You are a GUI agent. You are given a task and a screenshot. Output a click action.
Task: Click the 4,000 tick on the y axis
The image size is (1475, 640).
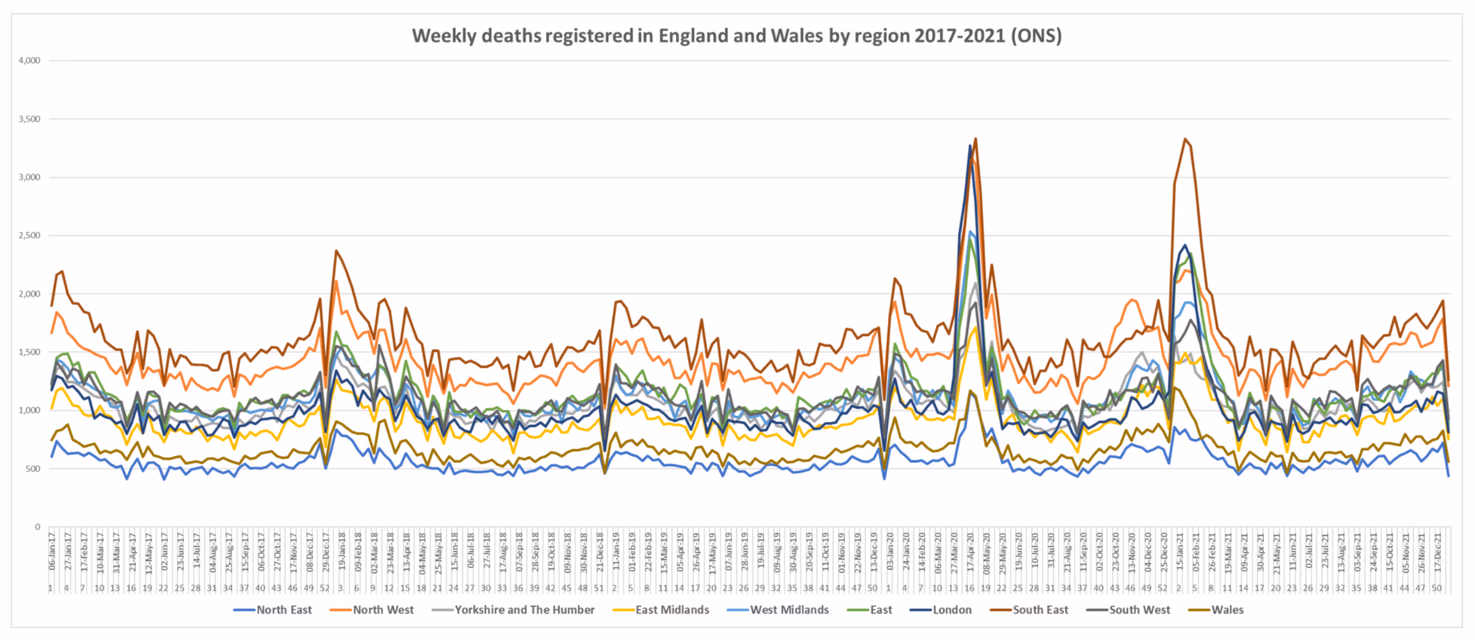tap(29, 61)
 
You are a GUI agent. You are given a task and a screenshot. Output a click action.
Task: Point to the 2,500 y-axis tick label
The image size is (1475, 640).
tap(29, 235)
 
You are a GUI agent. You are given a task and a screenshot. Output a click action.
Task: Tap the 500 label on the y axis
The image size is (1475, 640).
tap(33, 469)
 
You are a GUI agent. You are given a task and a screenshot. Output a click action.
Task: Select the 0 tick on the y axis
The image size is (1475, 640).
tap(37, 527)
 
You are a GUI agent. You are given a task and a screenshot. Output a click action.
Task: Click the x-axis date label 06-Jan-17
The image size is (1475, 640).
tap(52, 552)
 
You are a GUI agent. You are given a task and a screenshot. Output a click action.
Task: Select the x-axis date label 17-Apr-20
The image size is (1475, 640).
tap(970, 552)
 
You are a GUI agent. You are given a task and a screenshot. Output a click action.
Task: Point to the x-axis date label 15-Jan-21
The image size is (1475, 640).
tap(1179, 552)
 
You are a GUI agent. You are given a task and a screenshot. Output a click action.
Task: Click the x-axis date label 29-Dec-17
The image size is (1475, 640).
tap(326, 552)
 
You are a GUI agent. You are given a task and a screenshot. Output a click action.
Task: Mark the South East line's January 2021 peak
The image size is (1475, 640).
tap(1185, 139)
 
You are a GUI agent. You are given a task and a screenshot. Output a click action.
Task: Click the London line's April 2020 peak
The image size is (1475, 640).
tap(970, 145)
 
